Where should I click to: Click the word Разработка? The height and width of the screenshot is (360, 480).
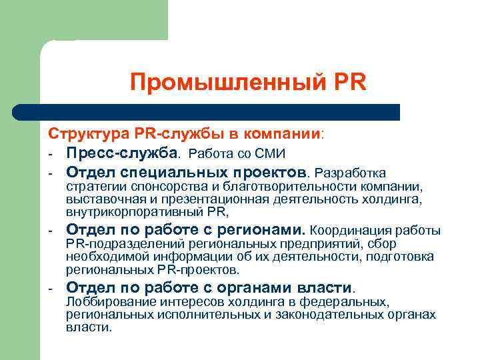(349, 173)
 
